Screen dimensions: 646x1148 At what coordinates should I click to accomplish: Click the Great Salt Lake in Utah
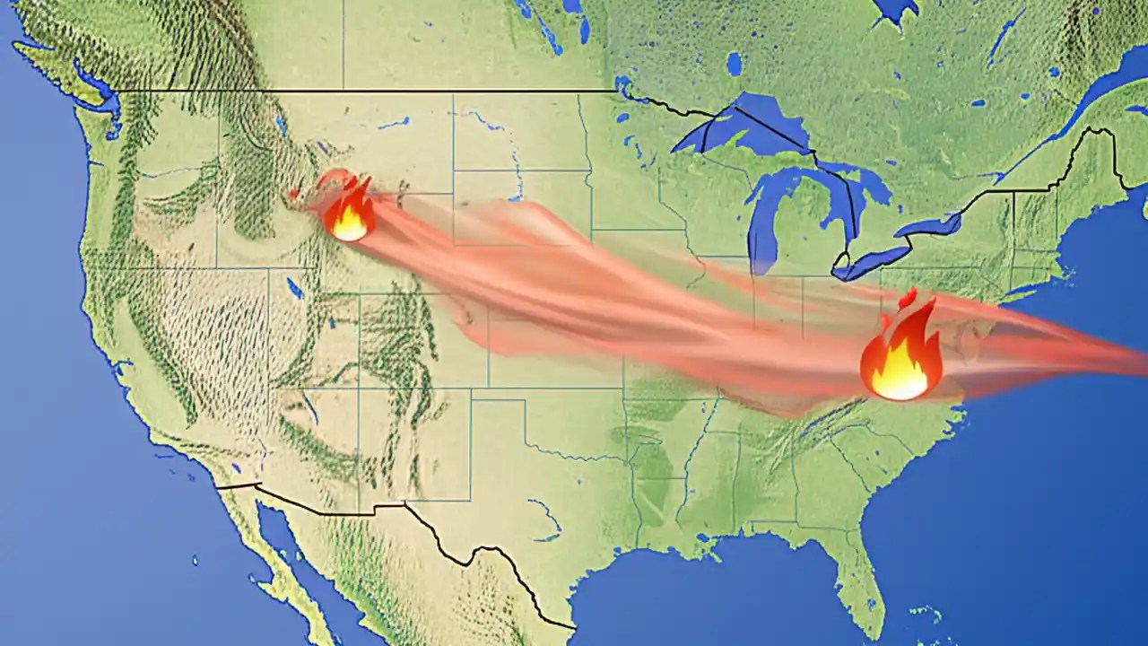[x=295, y=287]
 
